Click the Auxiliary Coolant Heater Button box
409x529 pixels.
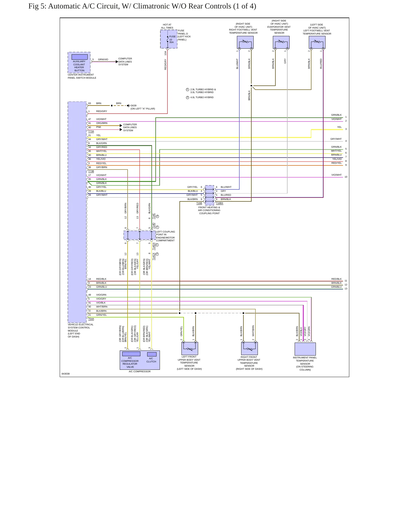[x=79, y=63]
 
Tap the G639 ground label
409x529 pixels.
[x=133, y=106]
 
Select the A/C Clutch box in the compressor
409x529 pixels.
[x=152, y=354]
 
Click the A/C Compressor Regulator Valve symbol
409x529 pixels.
[x=131, y=354]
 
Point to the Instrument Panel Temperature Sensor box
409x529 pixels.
[x=305, y=349]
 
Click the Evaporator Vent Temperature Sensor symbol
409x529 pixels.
[x=281, y=42]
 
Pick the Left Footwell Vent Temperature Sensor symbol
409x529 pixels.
[x=317, y=42]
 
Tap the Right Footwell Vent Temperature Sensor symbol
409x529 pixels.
[x=245, y=42]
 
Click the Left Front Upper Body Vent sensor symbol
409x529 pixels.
[x=190, y=348]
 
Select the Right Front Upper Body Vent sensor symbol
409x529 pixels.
[x=249, y=348]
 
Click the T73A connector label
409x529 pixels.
[x=91, y=132]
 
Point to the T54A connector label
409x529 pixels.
[x=91, y=319]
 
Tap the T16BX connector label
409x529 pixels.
[x=219, y=203]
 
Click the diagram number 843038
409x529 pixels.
[x=66, y=374]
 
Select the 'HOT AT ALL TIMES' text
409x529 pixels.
[x=167, y=26]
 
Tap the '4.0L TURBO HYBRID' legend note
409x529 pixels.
[x=202, y=97]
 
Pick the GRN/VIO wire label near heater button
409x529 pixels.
[x=103, y=59]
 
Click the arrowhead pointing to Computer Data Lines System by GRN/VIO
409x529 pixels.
[x=117, y=62]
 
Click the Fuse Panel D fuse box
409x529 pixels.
[x=169, y=39]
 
